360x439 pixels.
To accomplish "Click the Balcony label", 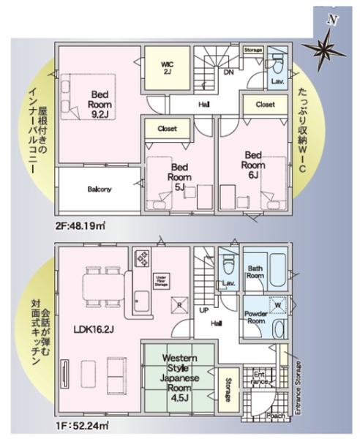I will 100,189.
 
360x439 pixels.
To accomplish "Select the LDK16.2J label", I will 93,329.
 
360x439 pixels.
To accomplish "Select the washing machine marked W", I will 278,304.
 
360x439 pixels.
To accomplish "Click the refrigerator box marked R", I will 176,304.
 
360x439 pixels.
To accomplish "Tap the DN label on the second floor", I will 228,73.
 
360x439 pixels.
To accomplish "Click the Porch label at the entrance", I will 276,414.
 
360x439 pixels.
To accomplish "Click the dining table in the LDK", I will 100,285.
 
